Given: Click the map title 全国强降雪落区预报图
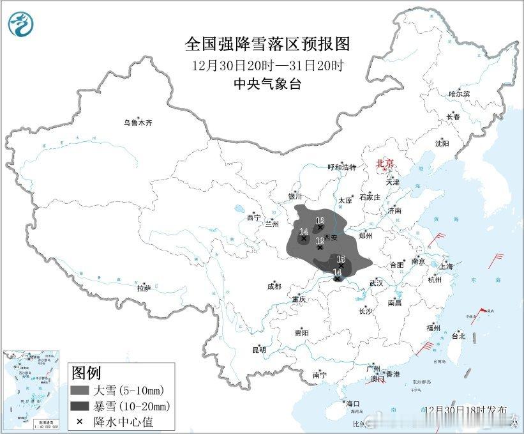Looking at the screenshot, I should [267, 43].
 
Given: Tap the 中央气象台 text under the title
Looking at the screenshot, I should [267, 84].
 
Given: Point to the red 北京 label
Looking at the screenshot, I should [385, 164].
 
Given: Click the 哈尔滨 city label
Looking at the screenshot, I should [459, 94].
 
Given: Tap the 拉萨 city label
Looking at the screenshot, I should [144, 288].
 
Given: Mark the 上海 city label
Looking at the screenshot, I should [446, 266].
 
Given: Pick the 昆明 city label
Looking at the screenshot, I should [258, 350].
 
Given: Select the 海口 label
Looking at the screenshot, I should [352, 403].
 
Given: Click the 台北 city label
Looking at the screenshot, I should [458, 336].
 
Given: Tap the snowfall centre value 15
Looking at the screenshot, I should [341, 259].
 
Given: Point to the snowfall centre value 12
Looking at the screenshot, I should [320, 221].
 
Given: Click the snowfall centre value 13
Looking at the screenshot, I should [320, 240].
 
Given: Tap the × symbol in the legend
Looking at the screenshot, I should [80, 421].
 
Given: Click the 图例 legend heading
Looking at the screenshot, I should [86, 372].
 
